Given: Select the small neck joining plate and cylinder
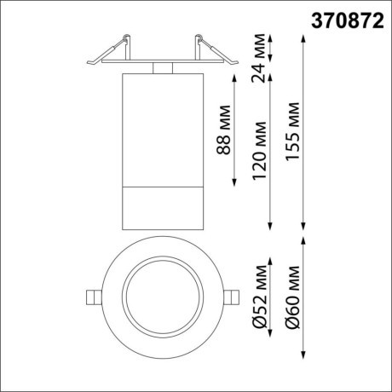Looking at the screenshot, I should pos(162,66).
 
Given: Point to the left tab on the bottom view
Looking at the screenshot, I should pos(91,296).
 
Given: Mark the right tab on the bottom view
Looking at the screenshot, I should pos(233,296).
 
